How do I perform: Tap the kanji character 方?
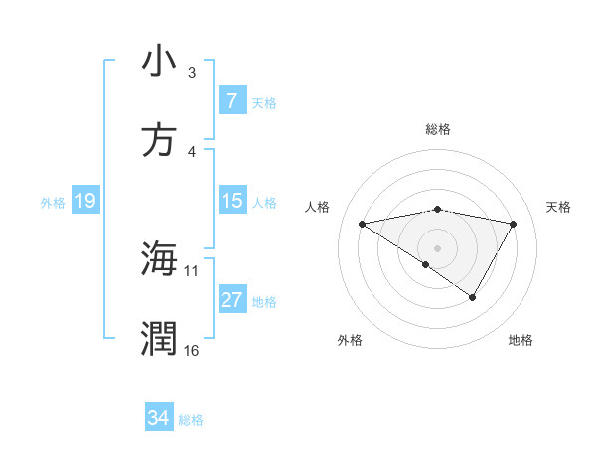[159, 140]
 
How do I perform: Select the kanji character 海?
[159, 259]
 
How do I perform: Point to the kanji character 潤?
[159, 339]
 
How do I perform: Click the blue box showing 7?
[231, 101]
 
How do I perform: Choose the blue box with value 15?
[231, 201]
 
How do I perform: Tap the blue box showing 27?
[231, 300]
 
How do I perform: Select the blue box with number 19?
[84, 201]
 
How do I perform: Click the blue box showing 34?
[159, 418]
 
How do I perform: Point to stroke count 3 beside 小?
[192, 73]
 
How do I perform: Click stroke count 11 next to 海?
[192, 270]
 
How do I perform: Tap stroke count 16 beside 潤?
[192, 350]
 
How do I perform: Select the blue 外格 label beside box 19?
[53, 203]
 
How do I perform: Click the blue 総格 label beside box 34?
[191, 420]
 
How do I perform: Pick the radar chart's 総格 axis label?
[438, 129]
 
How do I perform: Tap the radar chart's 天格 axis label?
[559, 207]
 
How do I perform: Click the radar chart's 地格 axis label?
[521, 340]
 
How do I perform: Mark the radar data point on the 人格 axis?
[363, 224]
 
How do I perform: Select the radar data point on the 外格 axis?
[426, 264]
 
